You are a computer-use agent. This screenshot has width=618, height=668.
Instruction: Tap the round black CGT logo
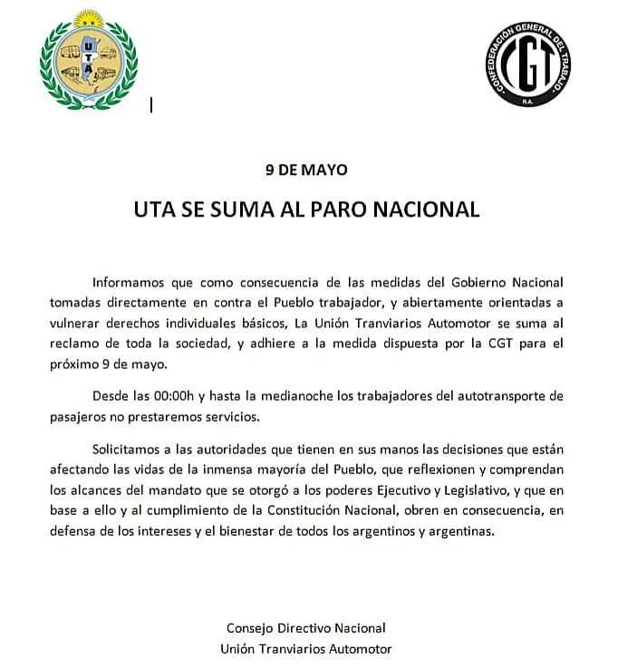[528, 64]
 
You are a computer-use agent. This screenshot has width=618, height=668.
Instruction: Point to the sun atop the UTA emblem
[88, 19]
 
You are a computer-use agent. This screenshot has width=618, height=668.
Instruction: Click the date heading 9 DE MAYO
[306, 169]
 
